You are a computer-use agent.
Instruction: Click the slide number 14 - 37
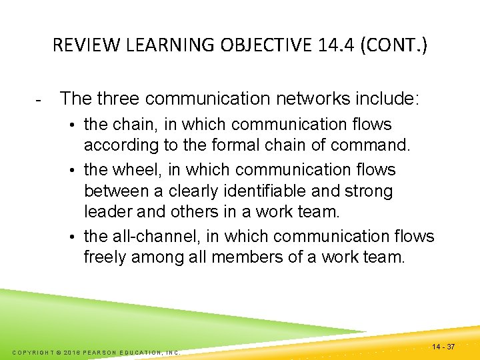point(443,347)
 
